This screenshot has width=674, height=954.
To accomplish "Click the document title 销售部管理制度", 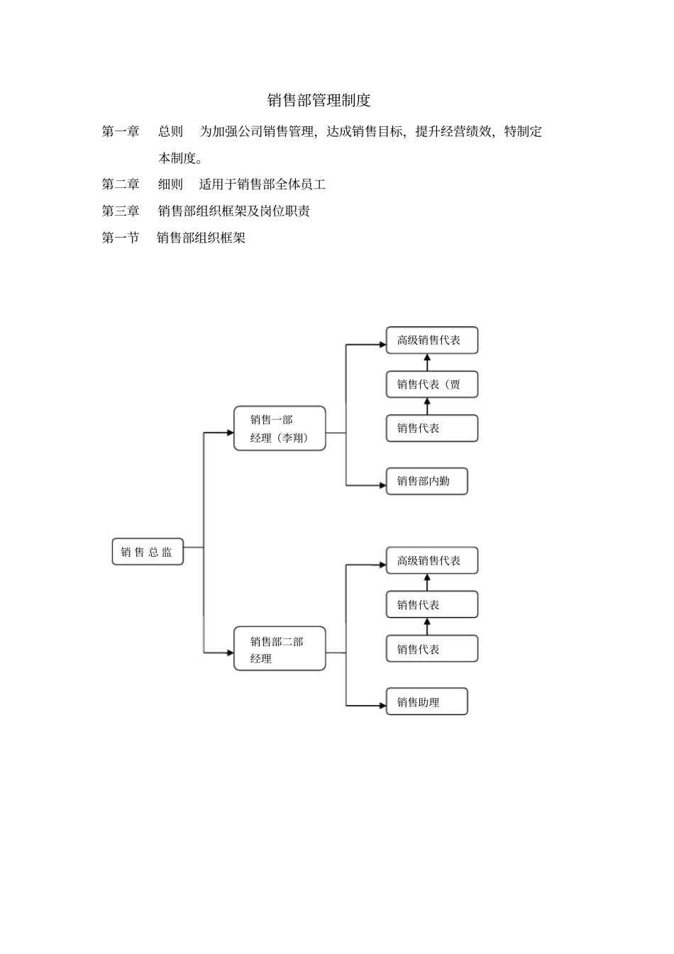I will pyautogui.click(x=319, y=101).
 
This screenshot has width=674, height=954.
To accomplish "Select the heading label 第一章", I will pyautogui.click(x=121, y=132).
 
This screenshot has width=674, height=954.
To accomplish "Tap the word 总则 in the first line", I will pyautogui.click(x=170, y=132).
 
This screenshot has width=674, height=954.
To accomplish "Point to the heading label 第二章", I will pyautogui.click(x=121, y=184).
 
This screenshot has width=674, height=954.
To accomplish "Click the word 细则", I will pyautogui.click(x=170, y=184).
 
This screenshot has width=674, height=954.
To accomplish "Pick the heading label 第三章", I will pyautogui.click(x=121, y=211).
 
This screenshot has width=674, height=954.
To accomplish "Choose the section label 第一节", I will pyautogui.click(x=121, y=238).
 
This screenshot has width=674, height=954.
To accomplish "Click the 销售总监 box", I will pyautogui.click(x=148, y=552).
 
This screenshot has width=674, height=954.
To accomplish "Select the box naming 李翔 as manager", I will pyautogui.click(x=280, y=428).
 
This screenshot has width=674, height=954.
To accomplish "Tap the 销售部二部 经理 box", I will pyautogui.click(x=280, y=649).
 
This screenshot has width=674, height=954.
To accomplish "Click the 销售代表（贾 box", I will pyautogui.click(x=431, y=384).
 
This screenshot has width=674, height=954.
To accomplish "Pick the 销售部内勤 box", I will pyautogui.click(x=426, y=481).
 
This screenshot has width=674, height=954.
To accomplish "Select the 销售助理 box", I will pyautogui.click(x=426, y=702).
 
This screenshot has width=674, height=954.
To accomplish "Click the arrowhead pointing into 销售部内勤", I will pyautogui.click(x=382, y=486).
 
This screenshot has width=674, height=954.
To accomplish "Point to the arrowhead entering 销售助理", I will pyautogui.click(x=382, y=706).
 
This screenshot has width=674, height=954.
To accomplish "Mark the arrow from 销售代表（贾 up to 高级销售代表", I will pyautogui.click(x=427, y=362).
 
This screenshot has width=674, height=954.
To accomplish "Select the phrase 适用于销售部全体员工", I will pyautogui.click(x=263, y=184).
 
